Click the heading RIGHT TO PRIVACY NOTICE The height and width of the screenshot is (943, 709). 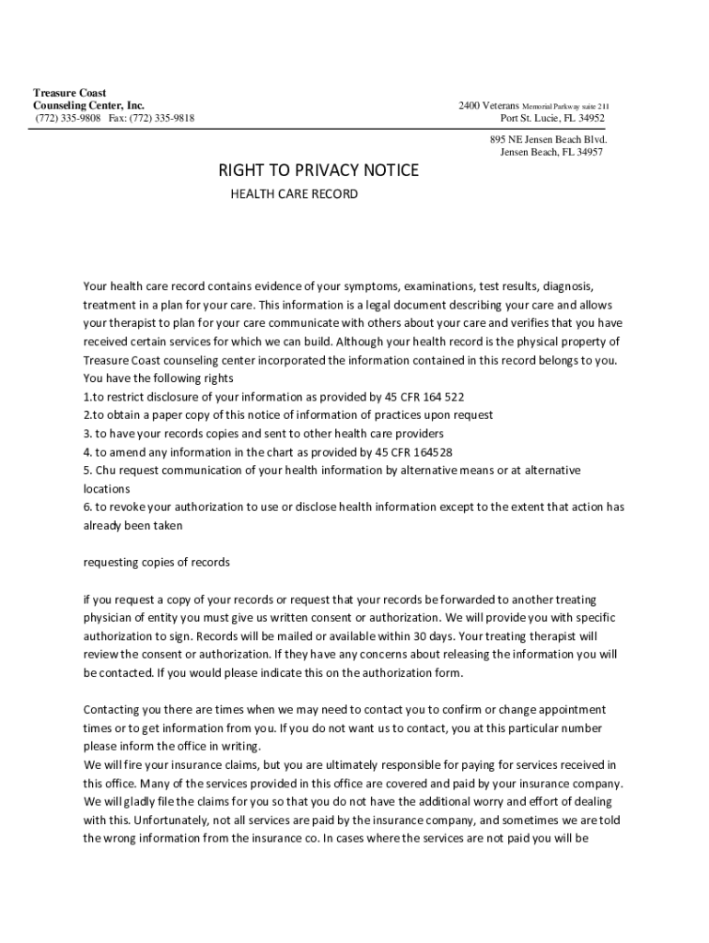tap(318, 170)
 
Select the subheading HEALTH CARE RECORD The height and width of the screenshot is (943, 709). tap(293, 195)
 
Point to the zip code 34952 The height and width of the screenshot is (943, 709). tap(590, 119)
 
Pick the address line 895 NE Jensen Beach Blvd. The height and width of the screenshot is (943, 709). tap(548, 139)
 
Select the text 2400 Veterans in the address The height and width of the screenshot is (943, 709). tap(489, 106)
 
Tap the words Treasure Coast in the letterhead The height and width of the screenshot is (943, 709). tap(69, 93)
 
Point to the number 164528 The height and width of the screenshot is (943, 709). tap(427, 452)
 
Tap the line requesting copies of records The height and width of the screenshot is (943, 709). tap(157, 562)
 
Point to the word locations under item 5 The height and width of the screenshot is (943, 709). tap(107, 489)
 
